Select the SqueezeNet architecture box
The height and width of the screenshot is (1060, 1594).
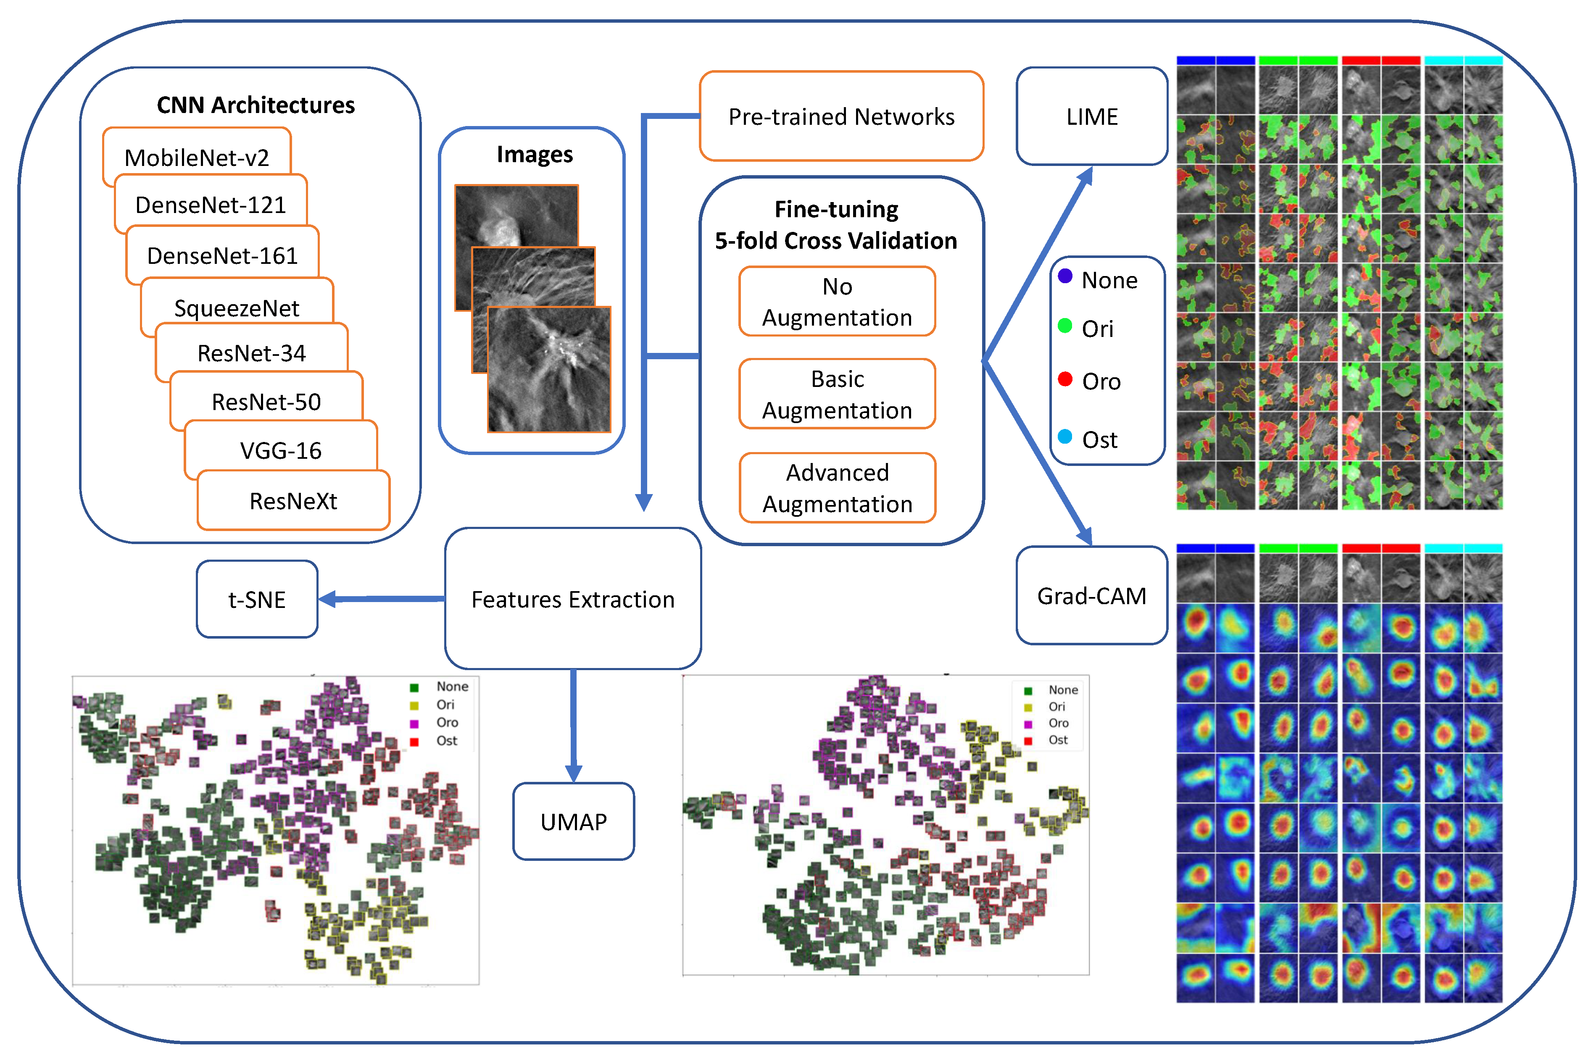pyautogui.click(x=237, y=308)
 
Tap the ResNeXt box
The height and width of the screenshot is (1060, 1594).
pyautogui.click(x=293, y=501)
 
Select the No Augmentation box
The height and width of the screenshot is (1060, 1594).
pyautogui.click(x=837, y=302)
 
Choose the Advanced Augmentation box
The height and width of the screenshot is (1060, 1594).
pyautogui.click(x=837, y=488)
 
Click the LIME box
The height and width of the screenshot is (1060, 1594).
pyautogui.click(x=1092, y=116)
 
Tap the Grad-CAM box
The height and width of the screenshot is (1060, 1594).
pyautogui.click(x=1092, y=596)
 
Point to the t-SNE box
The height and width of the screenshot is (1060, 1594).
pyautogui.click(x=257, y=599)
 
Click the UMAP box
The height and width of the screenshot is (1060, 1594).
pyautogui.click(x=573, y=821)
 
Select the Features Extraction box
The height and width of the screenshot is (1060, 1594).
pyautogui.click(x=572, y=599)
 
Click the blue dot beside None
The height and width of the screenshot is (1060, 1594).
pyautogui.click(x=1064, y=276)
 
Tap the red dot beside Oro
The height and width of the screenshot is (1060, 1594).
pyautogui.click(x=1064, y=379)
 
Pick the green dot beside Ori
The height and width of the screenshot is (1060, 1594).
pyautogui.click(x=1064, y=326)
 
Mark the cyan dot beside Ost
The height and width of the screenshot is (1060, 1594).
pyautogui.click(x=1064, y=437)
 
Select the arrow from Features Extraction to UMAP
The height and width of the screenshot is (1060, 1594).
pyautogui.click(x=573, y=727)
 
